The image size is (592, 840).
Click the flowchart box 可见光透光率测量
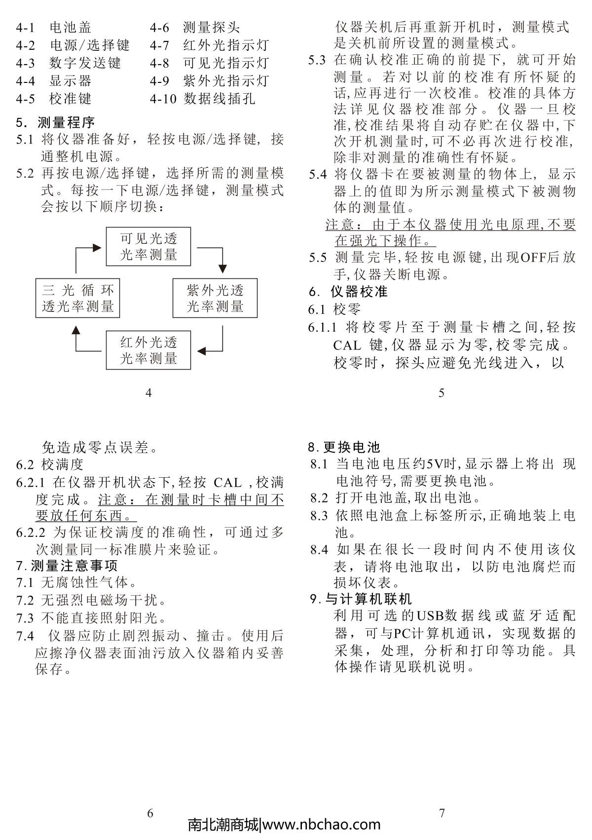(x=148, y=247)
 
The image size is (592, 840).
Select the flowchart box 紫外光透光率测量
(x=215, y=298)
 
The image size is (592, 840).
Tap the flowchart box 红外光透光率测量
(x=148, y=350)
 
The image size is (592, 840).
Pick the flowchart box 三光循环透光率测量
(x=78, y=298)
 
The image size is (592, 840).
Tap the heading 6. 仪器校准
(x=348, y=291)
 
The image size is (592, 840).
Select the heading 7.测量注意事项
(x=67, y=566)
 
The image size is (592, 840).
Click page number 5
(x=441, y=393)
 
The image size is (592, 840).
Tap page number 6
(x=150, y=813)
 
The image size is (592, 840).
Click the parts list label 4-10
(x=163, y=99)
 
